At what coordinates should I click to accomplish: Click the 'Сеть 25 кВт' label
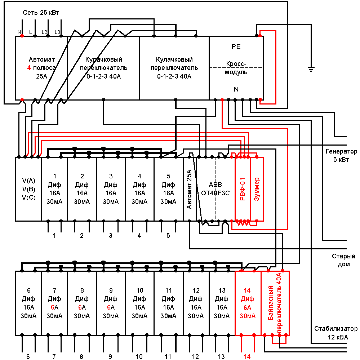pos(41,13)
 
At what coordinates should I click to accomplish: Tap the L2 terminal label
pos(44,32)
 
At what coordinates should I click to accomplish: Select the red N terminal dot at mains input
pos(22,36)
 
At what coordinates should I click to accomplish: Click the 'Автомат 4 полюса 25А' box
pos(41,68)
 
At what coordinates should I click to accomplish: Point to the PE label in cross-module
pos(236,46)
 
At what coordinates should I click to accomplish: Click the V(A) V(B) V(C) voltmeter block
pos(28,189)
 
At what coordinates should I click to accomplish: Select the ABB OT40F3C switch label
pos(215,189)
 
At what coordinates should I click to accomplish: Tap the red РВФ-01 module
pos(243,189)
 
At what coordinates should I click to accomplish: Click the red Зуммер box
pos(257,189)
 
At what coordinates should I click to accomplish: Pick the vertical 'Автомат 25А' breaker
pos(190,189)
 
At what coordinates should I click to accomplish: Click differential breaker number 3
pos(111,189)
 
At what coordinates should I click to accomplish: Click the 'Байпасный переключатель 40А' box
pos(275,303)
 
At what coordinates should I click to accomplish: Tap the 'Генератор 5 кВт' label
pos(341,155)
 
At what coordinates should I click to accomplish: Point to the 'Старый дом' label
pos(343,260)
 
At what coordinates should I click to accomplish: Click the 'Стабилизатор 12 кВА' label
pos(336,333)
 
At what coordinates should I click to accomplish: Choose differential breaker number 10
pos(140,303)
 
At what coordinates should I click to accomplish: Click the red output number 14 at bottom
pos(247,356)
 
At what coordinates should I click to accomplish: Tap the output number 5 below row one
pos(168,236)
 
